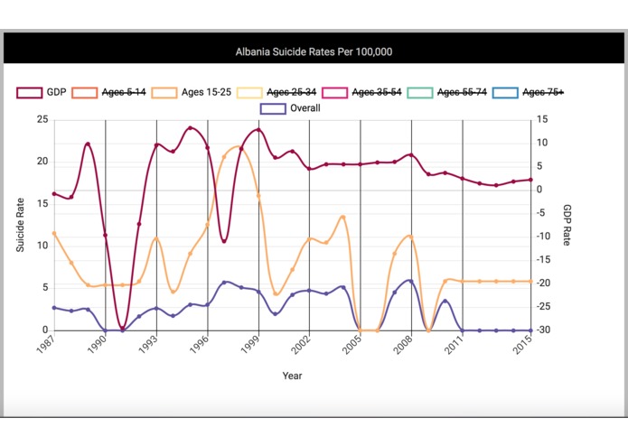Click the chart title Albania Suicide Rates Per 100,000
pos(314,52)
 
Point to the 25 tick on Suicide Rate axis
pos(42,119)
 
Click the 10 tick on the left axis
pos(42,246)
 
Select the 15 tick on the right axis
pos(542,119)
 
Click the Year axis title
pos(292,376)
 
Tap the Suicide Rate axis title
pos(20,224)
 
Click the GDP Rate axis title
pos(567,224)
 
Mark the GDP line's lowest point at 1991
pos(123,329)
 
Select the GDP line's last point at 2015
pos(531,180)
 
